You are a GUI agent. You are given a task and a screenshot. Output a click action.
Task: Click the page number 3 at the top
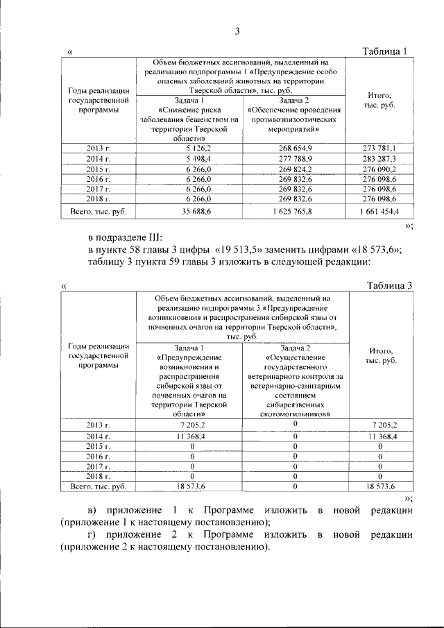(x=237, y=31)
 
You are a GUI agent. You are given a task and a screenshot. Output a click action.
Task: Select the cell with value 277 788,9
(x=291, y=159)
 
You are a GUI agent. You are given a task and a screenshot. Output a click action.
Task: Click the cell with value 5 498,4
(x=189, y=159)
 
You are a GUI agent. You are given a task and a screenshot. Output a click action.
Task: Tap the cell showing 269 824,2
(x=291, y=169)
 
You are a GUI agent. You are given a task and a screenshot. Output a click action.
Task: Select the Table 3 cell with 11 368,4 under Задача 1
(x=189, y=436)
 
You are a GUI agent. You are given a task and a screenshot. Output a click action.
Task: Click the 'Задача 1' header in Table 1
(x=189, y=101)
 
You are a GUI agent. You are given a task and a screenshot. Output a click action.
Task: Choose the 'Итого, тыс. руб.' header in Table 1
(x=379, y=100)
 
